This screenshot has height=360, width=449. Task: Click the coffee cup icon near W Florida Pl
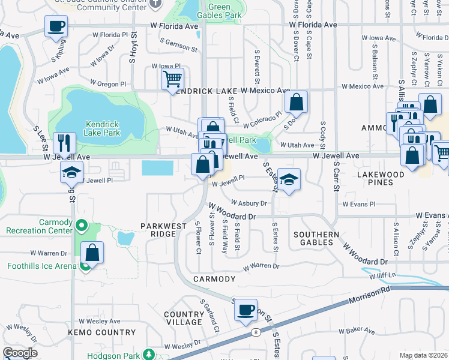pos(56,27)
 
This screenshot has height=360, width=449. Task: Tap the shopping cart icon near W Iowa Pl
pos(172,79)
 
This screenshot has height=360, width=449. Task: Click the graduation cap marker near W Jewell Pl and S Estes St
pos(289,179)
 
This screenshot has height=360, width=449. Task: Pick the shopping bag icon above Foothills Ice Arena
pos(92,253)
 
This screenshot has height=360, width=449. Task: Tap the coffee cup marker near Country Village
pos(245,310)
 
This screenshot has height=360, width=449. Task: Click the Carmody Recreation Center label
pos(39,226)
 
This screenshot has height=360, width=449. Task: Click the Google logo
pos(20,353)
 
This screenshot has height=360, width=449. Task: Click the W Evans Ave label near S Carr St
pos(359,205)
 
